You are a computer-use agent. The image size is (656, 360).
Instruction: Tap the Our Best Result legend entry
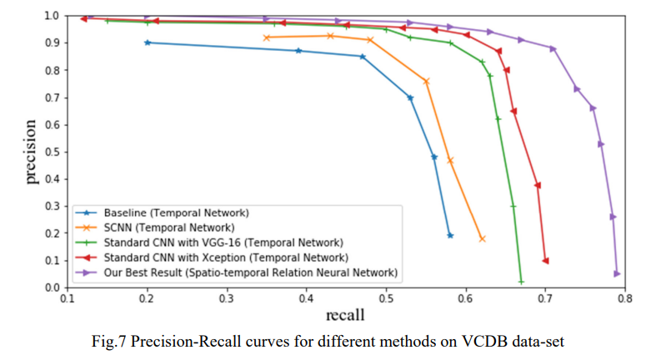click(x=250, y=272)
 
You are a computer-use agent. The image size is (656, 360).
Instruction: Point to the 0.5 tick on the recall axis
click(x=386, y=297)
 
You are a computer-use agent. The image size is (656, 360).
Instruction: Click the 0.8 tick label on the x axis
click(x=624, y=297)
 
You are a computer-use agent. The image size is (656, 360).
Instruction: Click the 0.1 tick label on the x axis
click(x=68, y=297)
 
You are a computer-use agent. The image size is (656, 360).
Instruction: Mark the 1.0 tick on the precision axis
click(x=52, y=16)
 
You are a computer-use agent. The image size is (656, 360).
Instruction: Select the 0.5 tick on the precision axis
click(x=52, y=152)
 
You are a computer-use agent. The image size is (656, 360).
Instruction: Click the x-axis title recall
click(x=343, y=316)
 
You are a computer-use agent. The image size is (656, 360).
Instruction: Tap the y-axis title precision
click(x=30, y=152)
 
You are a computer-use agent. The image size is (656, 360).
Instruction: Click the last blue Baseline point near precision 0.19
click(x=450, y=235)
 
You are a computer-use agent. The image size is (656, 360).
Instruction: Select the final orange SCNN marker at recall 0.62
click(x=482, y=238)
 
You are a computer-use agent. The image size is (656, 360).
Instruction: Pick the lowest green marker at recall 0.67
click(x=521, y=282)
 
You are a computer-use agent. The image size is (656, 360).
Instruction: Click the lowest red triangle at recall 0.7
click(x=545, y=261)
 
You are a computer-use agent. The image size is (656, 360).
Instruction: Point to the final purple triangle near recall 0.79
click(x=617, y=273)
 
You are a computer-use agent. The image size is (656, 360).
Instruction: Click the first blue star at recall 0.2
click(x=148, y=42)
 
